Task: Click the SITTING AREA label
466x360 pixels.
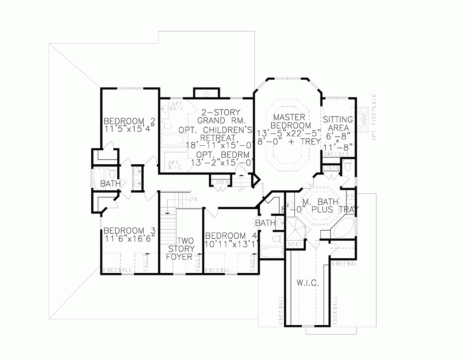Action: coord(337,123)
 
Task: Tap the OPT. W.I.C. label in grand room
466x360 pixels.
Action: coord(173,165)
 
